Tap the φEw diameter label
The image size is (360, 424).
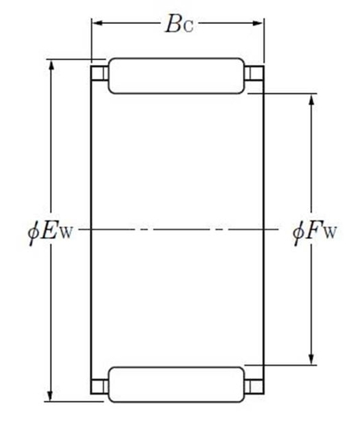click(49, 230)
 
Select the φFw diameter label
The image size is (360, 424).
click(314, 230)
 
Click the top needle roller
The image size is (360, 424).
click(177, 75)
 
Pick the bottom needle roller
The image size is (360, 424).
click(177, 384)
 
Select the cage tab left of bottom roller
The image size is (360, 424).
click(99, 385)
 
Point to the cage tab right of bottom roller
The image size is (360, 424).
click(255, 385)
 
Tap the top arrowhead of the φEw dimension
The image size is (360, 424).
click(53, 63)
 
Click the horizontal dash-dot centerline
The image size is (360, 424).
click(177, 230)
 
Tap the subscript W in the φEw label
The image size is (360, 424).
click(67, 233)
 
